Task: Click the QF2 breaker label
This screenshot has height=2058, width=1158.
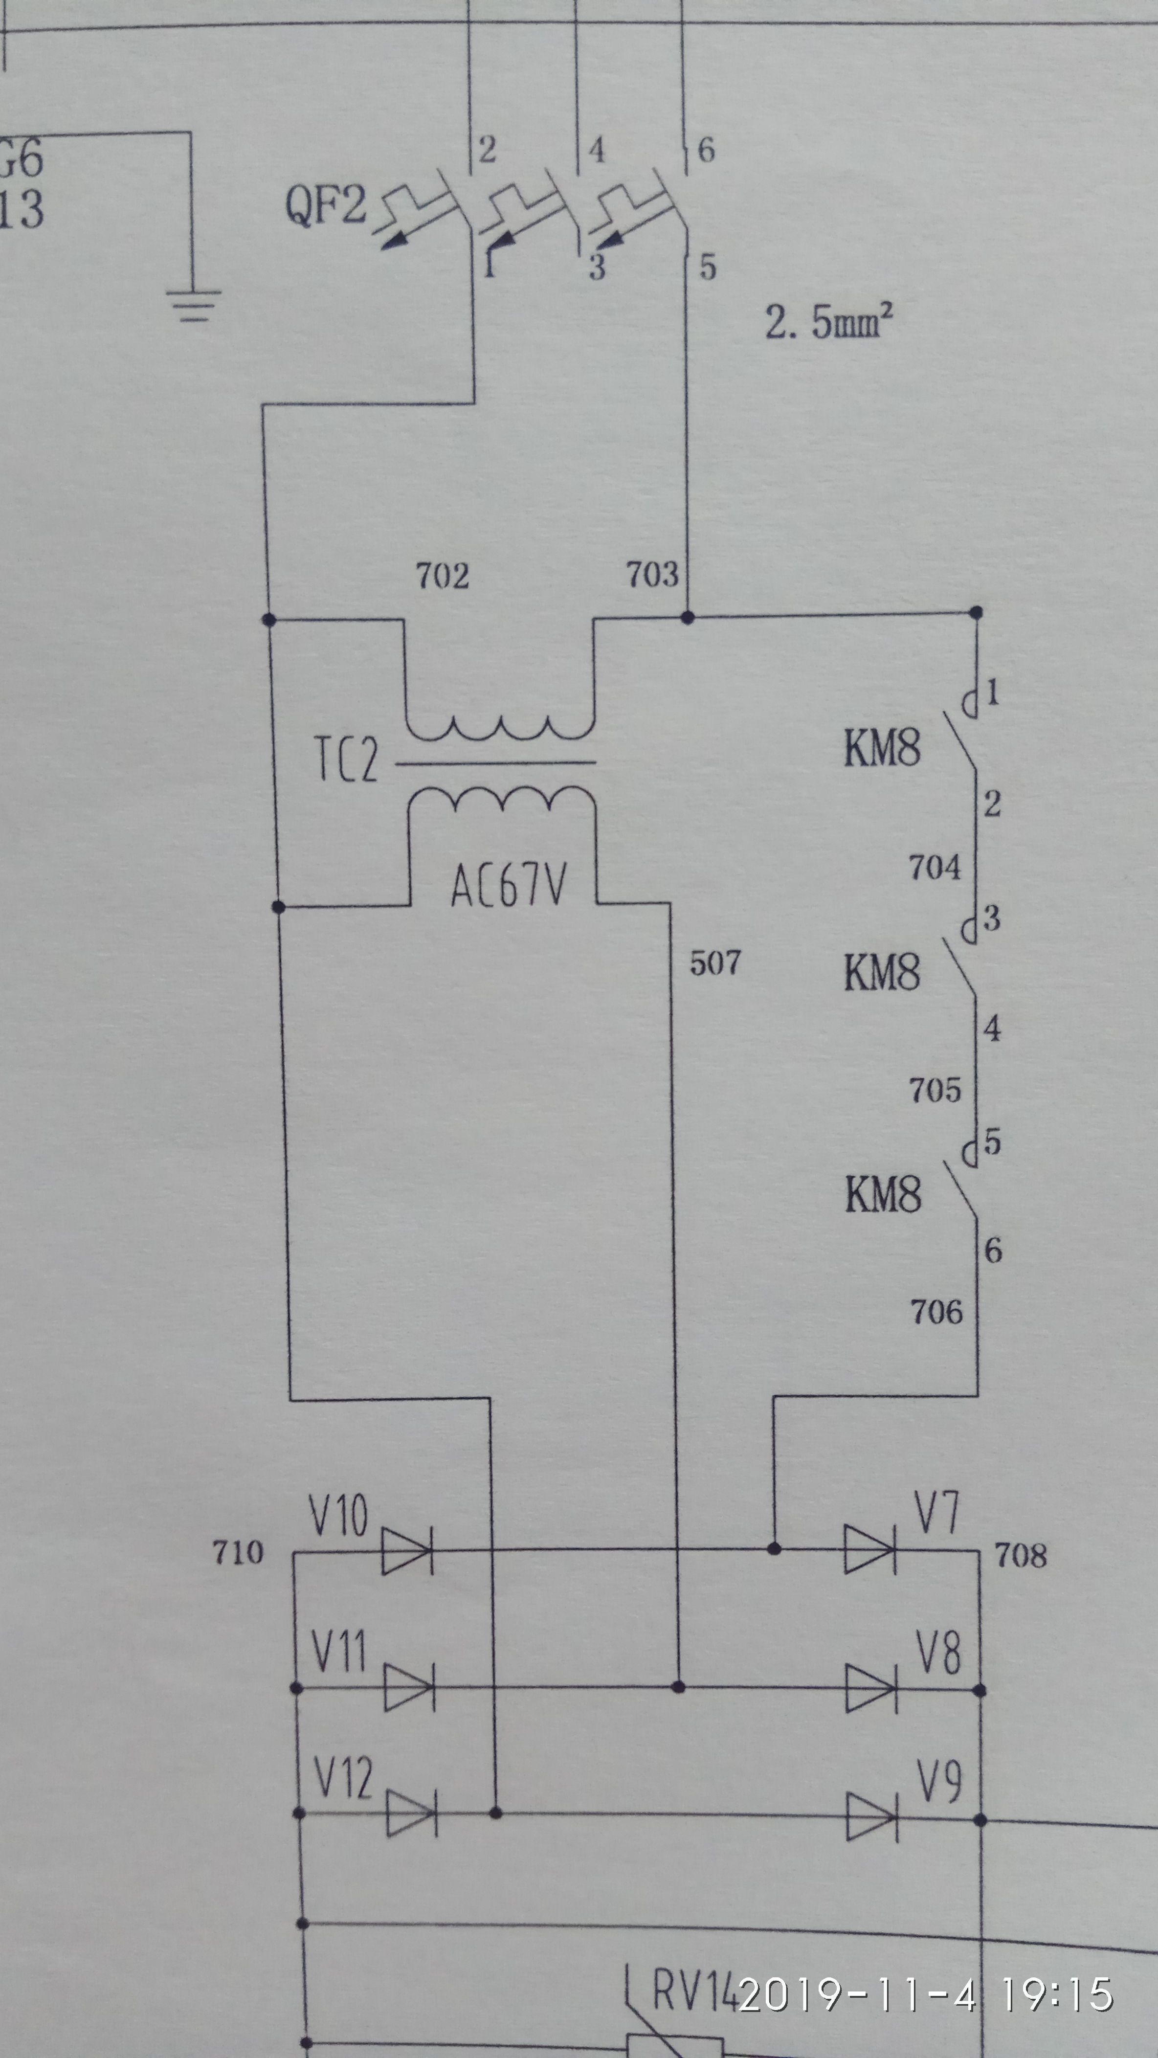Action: click(x=326, y=205)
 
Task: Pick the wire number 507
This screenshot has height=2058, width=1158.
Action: click(x=715, y=962)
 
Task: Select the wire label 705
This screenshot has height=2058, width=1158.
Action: click(x=935, y=1090)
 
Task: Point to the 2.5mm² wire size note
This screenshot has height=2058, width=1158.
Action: click(x=828, y=321)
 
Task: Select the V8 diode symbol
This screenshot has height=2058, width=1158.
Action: click(x=870, y=1689)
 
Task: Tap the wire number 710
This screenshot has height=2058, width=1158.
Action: click(x=237, y=1552)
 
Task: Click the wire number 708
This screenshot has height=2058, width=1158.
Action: click(x=1020, y=1555)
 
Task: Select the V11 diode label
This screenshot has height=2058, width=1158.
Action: click(x=338, y=1651)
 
